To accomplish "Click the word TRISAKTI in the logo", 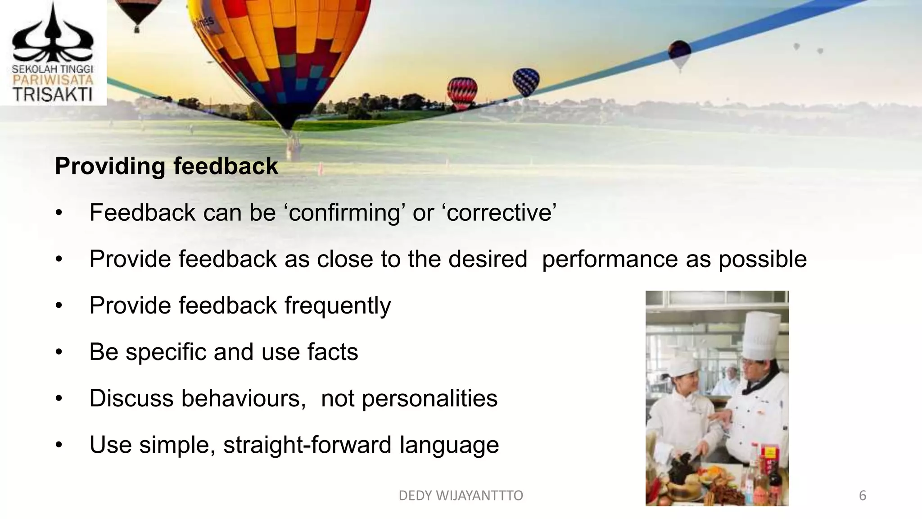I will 52,95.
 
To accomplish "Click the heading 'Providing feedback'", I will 166,166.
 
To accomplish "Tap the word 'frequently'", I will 338,306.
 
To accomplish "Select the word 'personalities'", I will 429,398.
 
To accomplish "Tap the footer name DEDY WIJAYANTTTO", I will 461,496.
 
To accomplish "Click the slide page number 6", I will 862,496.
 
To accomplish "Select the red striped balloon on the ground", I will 462,92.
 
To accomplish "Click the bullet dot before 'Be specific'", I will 59,352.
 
